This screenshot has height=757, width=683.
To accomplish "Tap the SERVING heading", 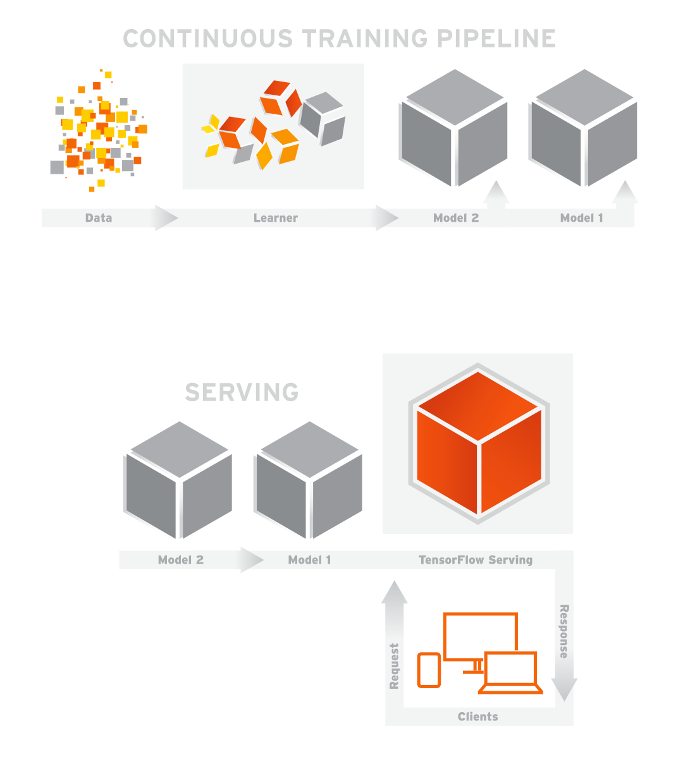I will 242,392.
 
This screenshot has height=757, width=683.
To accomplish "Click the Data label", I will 99,218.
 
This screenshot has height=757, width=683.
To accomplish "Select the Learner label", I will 276,218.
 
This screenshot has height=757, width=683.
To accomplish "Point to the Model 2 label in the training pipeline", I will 456,218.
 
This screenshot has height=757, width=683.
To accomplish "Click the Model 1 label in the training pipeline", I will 582,218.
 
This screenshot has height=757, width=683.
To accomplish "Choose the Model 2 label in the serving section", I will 181,560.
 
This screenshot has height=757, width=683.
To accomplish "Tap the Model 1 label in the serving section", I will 309,560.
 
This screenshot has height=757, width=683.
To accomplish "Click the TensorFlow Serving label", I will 476,560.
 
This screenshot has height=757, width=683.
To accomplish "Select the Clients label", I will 478,717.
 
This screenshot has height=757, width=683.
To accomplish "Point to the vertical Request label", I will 395,666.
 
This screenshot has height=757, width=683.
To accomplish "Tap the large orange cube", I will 478,442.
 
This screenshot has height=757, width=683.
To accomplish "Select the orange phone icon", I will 429,670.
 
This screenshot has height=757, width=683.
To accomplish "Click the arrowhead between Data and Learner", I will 166,218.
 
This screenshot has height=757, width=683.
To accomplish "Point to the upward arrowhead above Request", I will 395,593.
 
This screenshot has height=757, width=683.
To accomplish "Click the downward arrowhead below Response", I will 564,689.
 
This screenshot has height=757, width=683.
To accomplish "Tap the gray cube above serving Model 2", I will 180,480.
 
